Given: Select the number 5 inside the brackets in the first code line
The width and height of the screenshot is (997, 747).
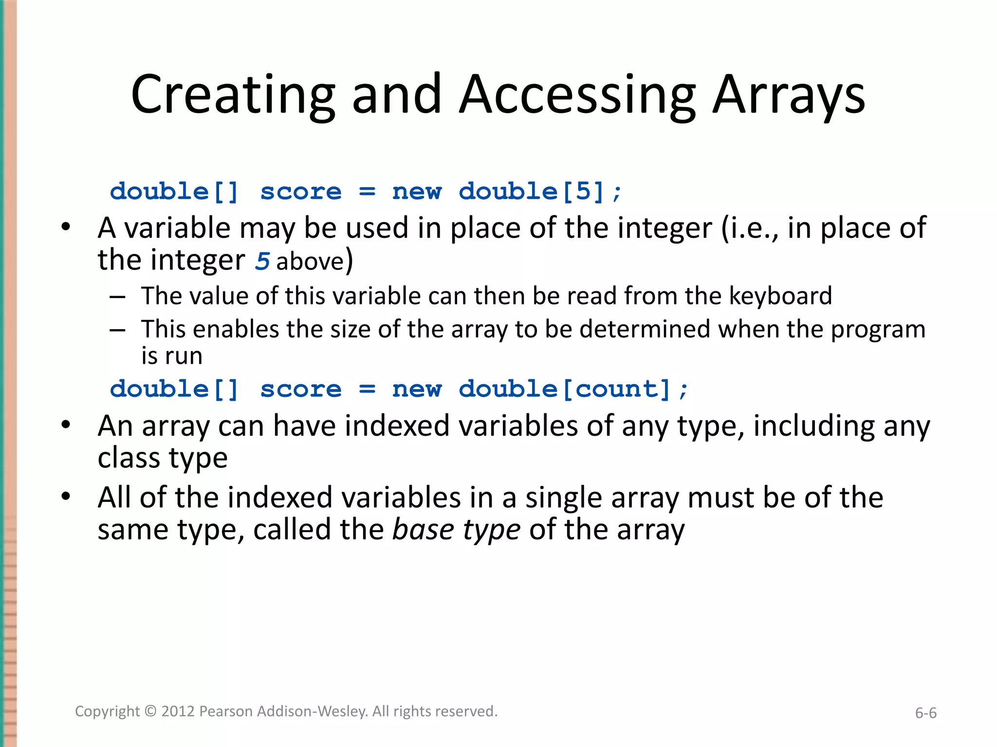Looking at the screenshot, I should (583, 191).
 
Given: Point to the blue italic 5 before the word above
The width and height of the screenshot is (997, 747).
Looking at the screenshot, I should (262, 261).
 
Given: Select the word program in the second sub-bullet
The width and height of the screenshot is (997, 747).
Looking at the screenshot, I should (878, 329).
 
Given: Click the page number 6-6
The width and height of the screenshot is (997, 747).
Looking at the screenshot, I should (925, 713).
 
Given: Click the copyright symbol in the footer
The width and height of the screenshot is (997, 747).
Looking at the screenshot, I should (151, 711).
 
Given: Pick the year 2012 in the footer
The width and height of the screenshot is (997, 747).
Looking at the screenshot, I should (178, 711).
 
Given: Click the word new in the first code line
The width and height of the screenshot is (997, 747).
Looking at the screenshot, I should (417, 191).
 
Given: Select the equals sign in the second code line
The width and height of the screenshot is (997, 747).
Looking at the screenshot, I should (367, 389).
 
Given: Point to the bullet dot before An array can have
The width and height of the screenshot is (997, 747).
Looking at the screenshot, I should (66, 425).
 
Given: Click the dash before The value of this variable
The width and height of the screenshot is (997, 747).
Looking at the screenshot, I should (118, 297).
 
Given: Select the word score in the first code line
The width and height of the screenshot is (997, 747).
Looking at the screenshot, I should (301, 191).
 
